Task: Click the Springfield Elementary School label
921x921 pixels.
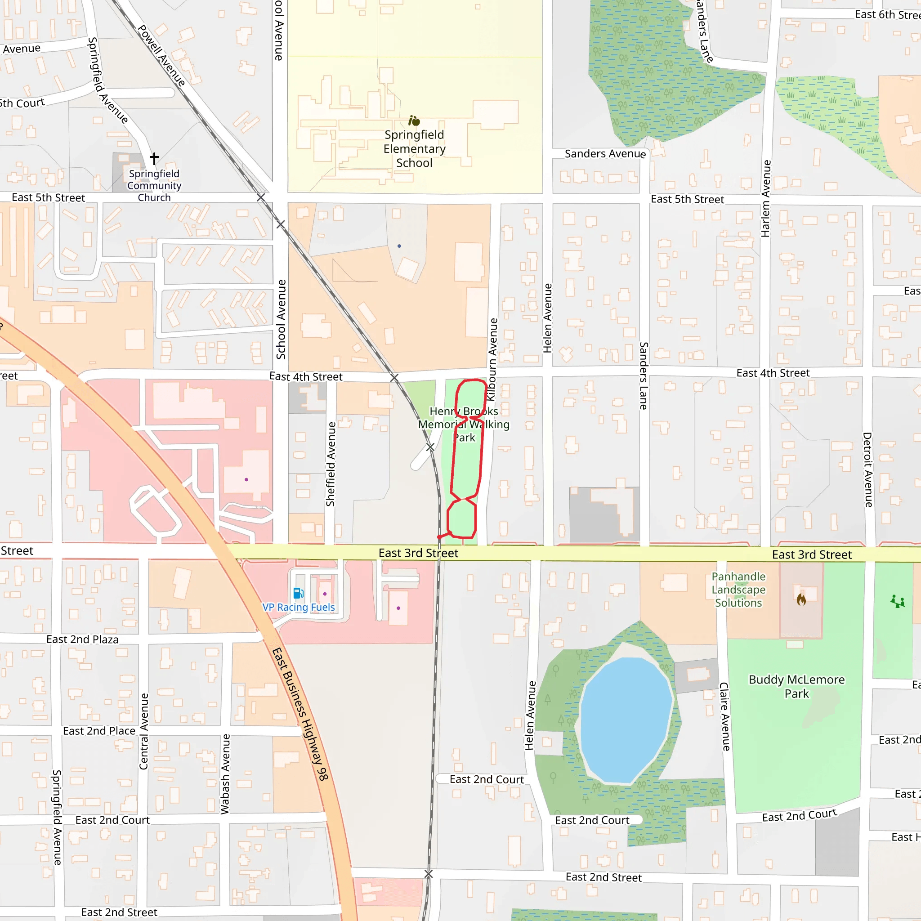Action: click(414, 149)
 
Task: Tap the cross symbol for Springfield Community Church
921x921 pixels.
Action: click(154, 158)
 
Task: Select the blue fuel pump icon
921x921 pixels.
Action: click(299, 593)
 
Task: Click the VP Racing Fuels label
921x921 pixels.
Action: click(299, 607)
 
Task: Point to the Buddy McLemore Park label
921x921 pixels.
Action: click(796, 686)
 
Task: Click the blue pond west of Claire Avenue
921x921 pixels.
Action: click(626, 720)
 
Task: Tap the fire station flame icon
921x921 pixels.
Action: click(801, 599)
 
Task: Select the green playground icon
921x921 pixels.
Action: click(898, 602)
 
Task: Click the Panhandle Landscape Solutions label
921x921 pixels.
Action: click(738, 590)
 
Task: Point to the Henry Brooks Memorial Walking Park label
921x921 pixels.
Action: click(464, 424)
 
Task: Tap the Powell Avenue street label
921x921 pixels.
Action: click(161, 55)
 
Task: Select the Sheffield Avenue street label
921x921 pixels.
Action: click(331, 464)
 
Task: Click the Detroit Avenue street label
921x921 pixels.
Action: click(867, 469)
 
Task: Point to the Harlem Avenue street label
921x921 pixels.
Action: click(765, 198)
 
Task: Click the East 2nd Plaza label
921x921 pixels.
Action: click(82, 639)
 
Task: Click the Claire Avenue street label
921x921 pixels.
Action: click(724, 716)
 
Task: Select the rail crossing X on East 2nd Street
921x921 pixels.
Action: click(429, 874)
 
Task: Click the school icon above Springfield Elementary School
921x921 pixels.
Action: click(414, 121)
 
